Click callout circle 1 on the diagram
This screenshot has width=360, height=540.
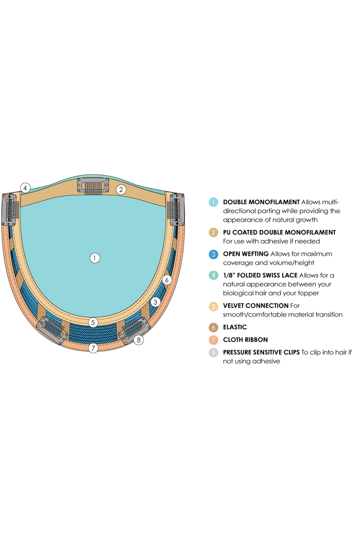tap(94, 258)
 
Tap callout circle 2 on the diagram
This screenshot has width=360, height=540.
tap(121, 189)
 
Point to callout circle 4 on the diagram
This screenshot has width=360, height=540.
tap(26, 188)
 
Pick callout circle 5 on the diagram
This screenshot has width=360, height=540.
tap(93, 322)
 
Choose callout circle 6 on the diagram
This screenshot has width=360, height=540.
tap(166, 280)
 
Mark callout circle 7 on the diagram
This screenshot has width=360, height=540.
tap(93, 348)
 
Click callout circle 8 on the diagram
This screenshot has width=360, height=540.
tap(139, 340)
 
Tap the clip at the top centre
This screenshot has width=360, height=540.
tap(93, 186)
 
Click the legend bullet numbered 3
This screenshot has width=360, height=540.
tap(213, 254)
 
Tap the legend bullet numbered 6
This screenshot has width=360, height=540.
tap(213, 327)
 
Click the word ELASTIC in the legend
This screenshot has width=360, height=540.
tap(235, 327)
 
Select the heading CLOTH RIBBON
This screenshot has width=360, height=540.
tap(245, 340)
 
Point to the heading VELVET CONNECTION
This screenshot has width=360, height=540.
tap(256, 306)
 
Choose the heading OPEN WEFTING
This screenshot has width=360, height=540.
tap(246, 254)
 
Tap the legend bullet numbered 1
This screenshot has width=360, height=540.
tap(213, 202)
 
